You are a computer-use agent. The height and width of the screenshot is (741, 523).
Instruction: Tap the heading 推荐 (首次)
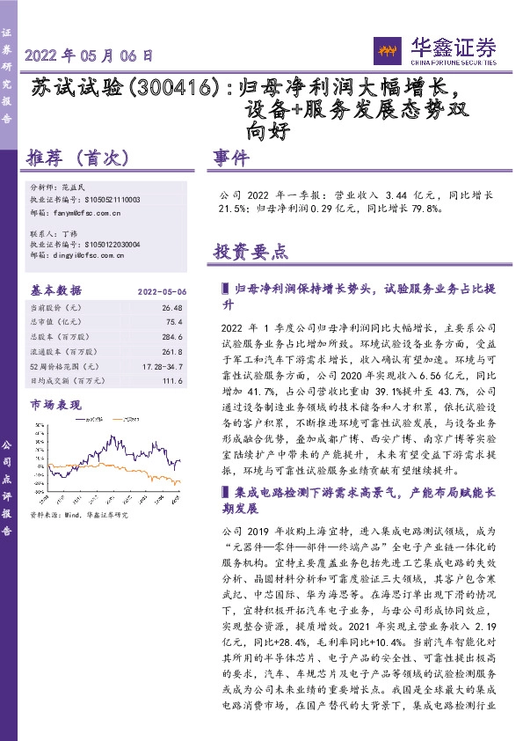point(79,158)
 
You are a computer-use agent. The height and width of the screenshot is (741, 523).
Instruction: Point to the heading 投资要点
point(251,251)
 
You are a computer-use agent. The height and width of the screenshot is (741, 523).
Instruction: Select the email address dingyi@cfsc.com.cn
point(88,256)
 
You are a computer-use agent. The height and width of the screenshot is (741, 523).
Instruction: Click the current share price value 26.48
point(171,308)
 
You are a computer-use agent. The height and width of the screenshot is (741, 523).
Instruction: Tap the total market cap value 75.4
point(174,322)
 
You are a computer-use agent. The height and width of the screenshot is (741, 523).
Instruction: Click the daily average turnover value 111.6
point(172,379)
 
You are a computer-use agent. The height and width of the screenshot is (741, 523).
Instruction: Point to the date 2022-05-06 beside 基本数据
point(162,290)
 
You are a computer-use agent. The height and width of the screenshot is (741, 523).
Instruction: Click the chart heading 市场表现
point(55,405)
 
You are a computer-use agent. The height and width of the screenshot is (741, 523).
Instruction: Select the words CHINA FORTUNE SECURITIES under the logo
point(451,61)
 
